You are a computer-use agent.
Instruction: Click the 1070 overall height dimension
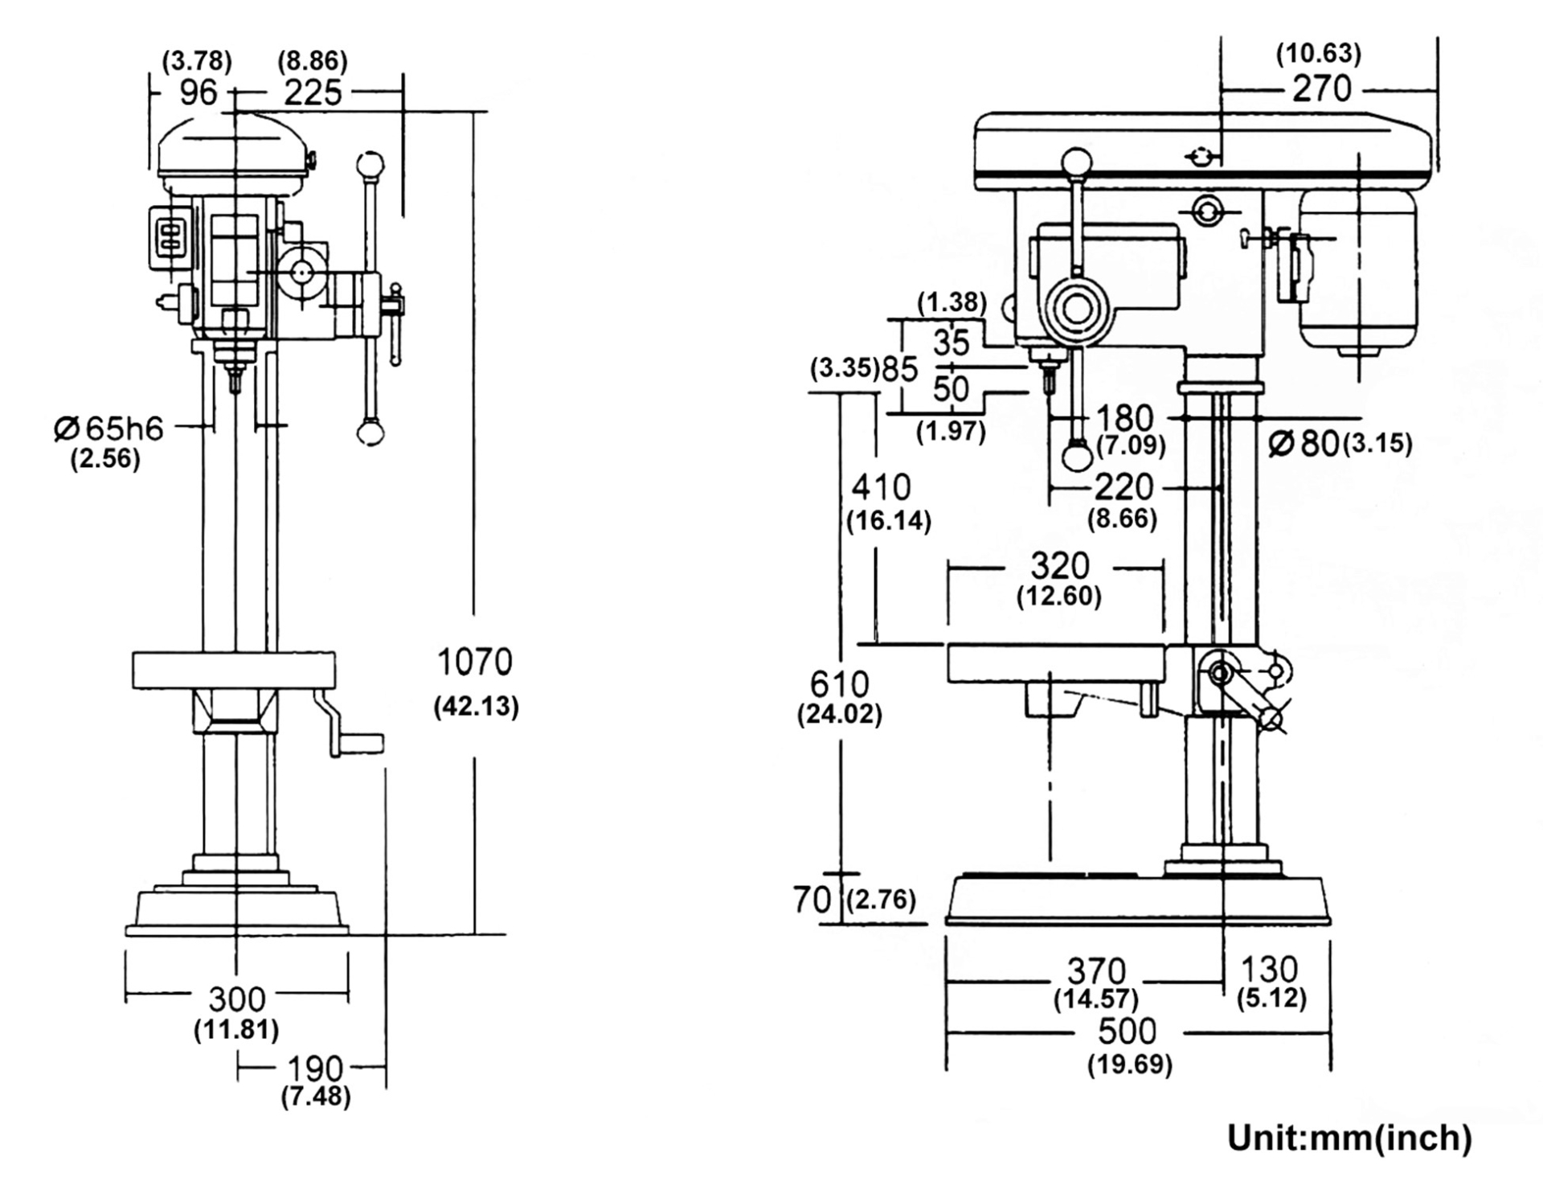(x=474, y=663)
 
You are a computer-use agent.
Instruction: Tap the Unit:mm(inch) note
(x=1349, y=1139)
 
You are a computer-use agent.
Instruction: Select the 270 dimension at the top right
(x=1322, y=88)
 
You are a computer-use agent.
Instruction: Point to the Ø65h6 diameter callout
(x=109, y=429)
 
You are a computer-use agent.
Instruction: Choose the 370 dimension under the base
(x=1096, y=970)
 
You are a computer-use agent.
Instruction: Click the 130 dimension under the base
(x=1269, y=969)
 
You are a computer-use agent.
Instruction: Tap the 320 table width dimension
(x=1060, y=567)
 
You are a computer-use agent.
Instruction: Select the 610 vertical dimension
(x=839, y=684)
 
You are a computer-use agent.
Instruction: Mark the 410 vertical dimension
(x=882, y=487)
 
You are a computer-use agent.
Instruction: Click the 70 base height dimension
(x=812, y=900)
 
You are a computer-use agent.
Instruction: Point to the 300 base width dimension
(x=236, y=999)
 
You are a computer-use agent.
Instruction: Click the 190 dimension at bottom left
(x=315, y=1069)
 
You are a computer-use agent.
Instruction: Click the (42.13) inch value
(x=476, y=707)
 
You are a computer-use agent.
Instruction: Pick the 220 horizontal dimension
(x=1123, y=487)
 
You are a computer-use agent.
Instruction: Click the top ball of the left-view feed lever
(x=370, y=166)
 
